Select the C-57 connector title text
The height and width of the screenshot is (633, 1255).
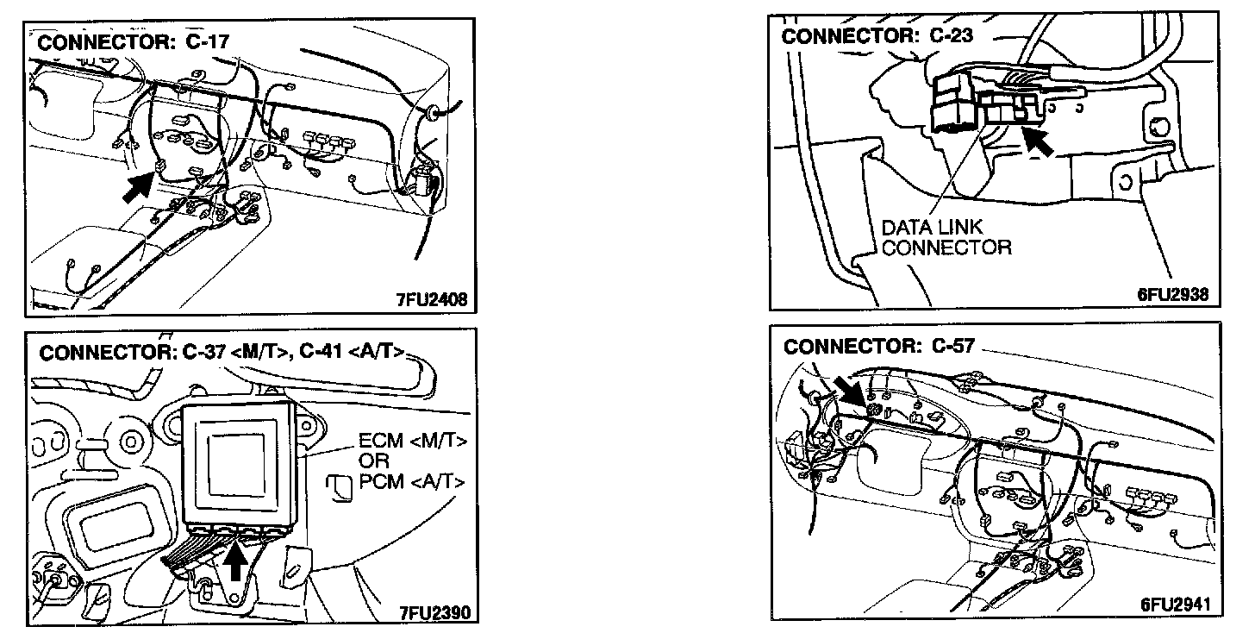(x=878, y=347)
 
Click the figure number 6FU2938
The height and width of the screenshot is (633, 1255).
(x=1172, y=295)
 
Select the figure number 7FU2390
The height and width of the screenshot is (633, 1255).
(x=434, y=614)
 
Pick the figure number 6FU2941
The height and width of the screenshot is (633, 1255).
(x=1174, y=605)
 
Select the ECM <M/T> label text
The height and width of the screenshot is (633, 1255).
(x=413, y=442)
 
